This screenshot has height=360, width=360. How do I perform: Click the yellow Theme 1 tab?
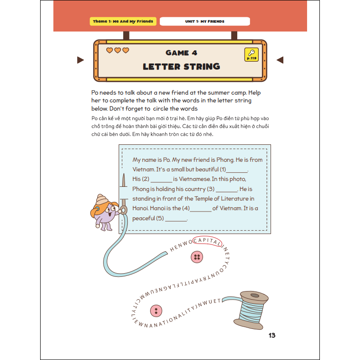click(x=123, y=21)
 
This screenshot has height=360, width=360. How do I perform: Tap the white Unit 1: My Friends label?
click(x=205, y=21)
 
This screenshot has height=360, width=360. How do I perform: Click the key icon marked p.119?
click(x=251, y=54)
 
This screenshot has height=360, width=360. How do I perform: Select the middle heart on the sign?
click(x=118, y=50)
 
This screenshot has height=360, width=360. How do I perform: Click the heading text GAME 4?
click(x=182, y=53)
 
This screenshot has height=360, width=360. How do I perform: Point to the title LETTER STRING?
click(x=182, y=66)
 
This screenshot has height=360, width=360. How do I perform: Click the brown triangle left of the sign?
click(x=80, y=60)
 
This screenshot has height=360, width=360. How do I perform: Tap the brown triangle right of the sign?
click(x=280, y=60)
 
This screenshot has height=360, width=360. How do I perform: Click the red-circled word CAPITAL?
click(x=207, y=241)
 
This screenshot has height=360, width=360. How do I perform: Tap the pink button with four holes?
click(x=197, y=257)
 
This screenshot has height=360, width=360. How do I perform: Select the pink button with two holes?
click(x=156, y=311)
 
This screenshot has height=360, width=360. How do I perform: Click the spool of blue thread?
click(x=251, y=310)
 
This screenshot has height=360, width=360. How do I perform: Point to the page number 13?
click(x=272, y=335)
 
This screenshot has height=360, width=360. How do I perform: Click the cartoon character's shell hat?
click(x=101, y=199)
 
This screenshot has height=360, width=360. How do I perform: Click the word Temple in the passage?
click(x=203, y=199)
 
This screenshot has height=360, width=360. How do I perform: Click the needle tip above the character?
click(x=124, y=174)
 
